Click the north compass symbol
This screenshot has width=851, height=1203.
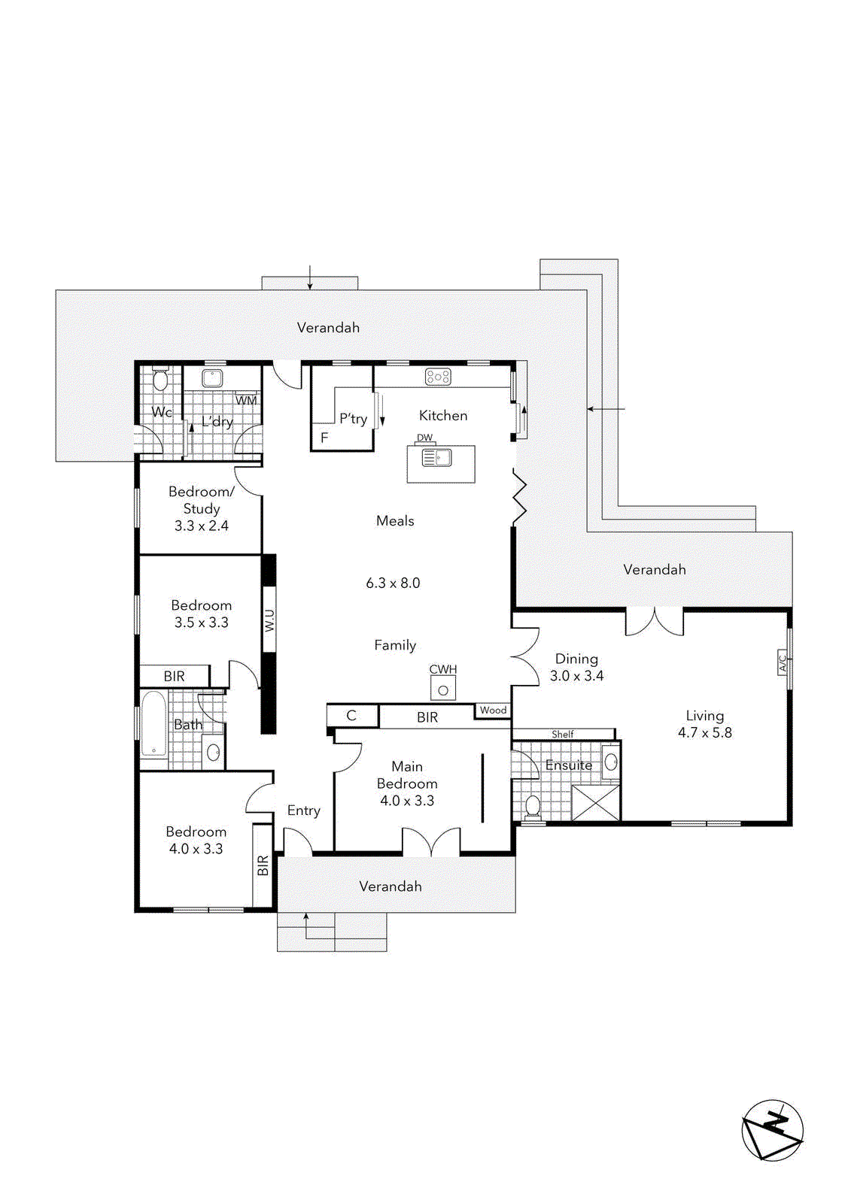pyautogui.click(x=773, y=1130)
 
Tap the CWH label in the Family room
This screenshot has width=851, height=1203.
pyautogui.click(x=443, y=669)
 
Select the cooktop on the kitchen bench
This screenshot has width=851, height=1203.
pyautogui.click(x=438, y=377)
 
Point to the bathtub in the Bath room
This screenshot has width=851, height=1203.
pyautogui.click(x=153, y=724)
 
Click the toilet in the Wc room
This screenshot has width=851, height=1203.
pyautogui.click(x=160, y=380)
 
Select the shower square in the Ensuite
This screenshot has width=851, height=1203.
pyautogui.click(x=595, y=802)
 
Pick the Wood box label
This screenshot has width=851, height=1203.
pyautogui.click(x=493, y=710)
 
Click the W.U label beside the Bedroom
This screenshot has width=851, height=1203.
pyautogui.click(x=269, y=620)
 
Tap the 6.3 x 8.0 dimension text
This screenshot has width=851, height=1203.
pyautogui.click(x=393, y=583)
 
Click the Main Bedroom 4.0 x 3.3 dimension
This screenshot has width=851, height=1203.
pyautogui.click(x=407, y=801)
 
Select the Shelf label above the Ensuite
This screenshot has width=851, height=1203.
pyautogui.click(x=562, y=734)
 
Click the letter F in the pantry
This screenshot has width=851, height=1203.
pyautogui.click(x=324, y=438)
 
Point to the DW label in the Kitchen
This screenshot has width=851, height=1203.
pyautogui.click(x=424, y=438)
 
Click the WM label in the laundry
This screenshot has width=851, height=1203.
pyautogui.click(x=246, y=400)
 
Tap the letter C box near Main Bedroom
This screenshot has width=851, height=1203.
pyautogui.click(x=351, y=716)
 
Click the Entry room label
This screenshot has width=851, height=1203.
pyautogui.click(x=303, y=811)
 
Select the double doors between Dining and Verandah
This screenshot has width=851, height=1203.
pyautogui.click(x=655, y=622)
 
